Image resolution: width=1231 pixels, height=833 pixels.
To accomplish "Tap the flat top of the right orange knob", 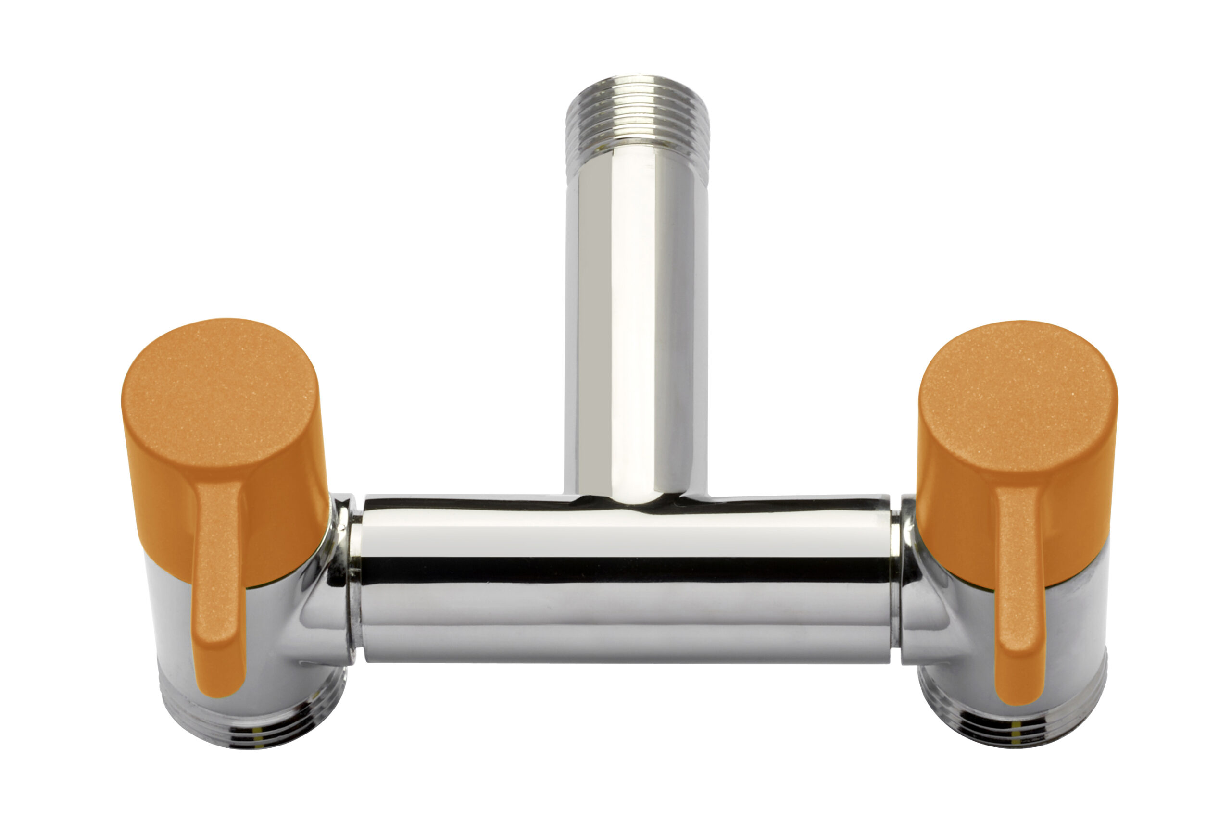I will click(x=1017, y=392).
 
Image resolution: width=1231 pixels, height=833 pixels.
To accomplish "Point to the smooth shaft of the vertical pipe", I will click(x=636, y=318).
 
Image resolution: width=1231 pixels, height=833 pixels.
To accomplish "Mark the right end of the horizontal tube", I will click(x=890, y=577).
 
